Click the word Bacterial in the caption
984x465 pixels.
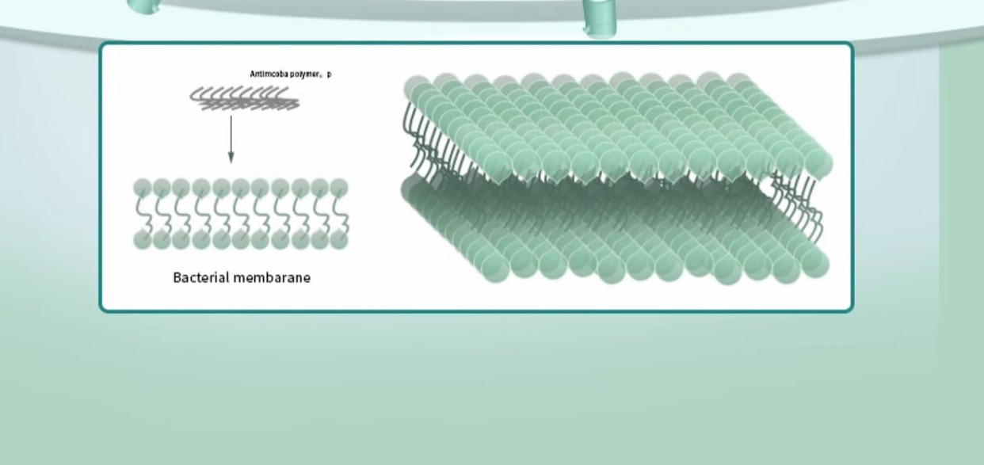coord(198,277)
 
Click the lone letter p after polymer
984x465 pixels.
coord(330,74)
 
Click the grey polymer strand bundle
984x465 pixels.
coord(244,99)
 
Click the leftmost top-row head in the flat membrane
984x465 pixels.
coord(143,188)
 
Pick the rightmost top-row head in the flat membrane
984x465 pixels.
coord(339,188)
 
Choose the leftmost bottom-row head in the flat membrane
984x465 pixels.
coord(143,240)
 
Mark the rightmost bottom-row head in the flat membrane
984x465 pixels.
coord(339,240)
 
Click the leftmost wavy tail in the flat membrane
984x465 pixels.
coord(143,214)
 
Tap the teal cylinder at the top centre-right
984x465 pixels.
coord(599,17)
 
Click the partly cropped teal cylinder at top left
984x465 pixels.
coord(144,6)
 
